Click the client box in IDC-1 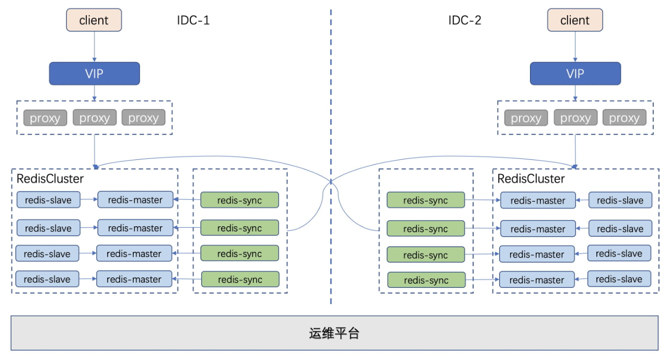94,20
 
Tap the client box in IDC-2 575,20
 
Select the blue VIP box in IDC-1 95,74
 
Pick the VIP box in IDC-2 575,74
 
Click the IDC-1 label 193,20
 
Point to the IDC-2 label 465,20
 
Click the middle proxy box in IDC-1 95,118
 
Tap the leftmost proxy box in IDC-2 526,118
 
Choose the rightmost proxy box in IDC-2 624,118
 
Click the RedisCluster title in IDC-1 50,179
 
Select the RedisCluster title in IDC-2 531,179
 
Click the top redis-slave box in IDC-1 49,200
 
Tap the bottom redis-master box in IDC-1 134,279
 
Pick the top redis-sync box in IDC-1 239,200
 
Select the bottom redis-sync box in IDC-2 426,280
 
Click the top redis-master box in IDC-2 538,200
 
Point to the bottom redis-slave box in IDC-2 619,279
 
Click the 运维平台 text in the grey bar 334,333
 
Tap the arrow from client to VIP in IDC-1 95,47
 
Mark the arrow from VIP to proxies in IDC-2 575,93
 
